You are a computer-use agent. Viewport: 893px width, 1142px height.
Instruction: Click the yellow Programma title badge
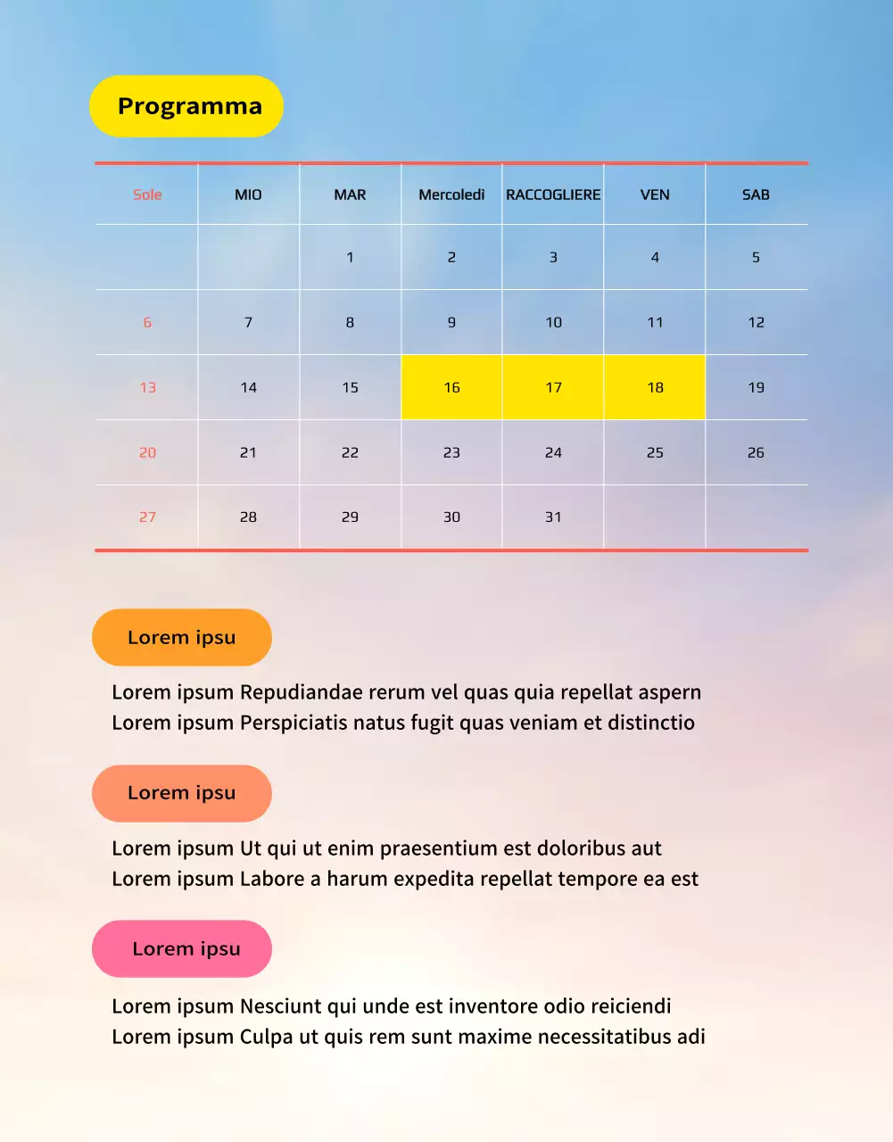click(186, 106)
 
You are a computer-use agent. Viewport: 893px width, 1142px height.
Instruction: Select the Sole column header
click(147, 194)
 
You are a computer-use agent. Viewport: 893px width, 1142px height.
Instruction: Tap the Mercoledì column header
click(451, 194)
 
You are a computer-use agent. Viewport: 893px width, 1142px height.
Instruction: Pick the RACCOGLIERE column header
click(553, 194)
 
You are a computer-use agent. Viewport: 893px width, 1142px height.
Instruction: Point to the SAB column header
click(756, 194)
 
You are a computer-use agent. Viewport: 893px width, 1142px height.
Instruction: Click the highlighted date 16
click(451, 387)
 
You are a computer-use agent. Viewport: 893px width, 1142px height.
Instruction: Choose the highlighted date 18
click(655, 387)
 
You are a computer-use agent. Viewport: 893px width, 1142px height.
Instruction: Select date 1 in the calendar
click(350, 257)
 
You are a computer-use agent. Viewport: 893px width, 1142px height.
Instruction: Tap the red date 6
click(147, 322)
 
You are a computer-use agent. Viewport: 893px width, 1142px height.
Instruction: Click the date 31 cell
click(553, 517)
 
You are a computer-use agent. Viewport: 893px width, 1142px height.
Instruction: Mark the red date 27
click(147, 517)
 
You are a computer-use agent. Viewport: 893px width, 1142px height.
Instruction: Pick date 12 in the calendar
click(756, 322)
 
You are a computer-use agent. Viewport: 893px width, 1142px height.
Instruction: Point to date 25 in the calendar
click(655, 452)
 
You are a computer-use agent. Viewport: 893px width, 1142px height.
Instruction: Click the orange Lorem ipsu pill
click(182, 637)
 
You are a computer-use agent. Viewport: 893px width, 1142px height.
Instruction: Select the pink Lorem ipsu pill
click(182, 948)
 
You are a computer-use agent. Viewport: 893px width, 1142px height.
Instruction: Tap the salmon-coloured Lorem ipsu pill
click(182, 793)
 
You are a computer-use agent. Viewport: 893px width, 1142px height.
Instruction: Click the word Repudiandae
click(301, 692)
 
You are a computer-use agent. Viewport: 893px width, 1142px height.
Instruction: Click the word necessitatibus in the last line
click(603, 1037)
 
